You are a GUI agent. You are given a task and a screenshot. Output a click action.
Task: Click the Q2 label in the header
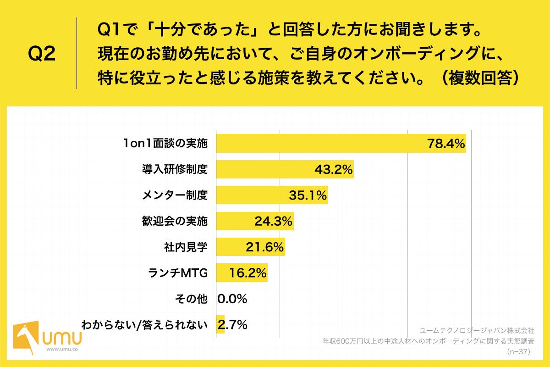[42, 54]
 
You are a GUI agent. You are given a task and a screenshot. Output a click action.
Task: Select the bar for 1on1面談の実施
[321, 144]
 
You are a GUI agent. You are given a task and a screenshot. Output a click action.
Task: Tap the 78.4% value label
[446, 144]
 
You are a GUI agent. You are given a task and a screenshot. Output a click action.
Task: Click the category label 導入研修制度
[175, 170]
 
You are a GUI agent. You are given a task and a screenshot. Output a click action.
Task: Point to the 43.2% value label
[333, 170]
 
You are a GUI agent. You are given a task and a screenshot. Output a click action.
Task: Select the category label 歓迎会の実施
[175, 222]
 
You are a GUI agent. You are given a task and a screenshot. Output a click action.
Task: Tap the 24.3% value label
[273, 222]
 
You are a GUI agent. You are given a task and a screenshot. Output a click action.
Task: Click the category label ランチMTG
[178, 273]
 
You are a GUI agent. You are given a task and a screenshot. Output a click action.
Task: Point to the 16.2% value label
[247, 273]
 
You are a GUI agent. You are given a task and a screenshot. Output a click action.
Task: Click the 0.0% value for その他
[232, 299]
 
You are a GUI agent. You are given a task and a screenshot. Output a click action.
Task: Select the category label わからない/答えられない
[145, 325]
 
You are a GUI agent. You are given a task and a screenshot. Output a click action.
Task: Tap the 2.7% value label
[233, 325]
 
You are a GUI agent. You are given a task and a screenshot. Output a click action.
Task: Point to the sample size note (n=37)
[520, 352]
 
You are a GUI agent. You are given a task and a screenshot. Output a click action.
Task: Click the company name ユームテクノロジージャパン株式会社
[477, 330]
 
